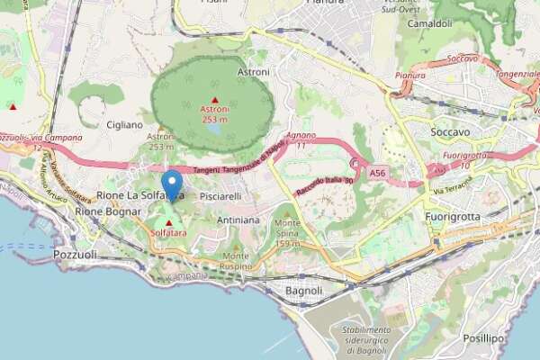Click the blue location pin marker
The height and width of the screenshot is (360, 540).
pos(172,184)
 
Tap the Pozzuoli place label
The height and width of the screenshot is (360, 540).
pos(75,254)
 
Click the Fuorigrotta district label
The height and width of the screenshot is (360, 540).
pos(451,217)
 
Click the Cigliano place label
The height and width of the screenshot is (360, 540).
pos(124,124)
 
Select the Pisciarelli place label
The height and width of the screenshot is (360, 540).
pos(220,195)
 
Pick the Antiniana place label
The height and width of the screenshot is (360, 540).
pos(238,220)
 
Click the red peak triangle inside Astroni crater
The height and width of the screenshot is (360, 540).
pos(214,99)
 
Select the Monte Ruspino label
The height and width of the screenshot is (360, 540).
pos(236,261)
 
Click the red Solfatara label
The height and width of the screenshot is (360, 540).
pos(169,232)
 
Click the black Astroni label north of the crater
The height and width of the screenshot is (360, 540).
pos(253,71)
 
